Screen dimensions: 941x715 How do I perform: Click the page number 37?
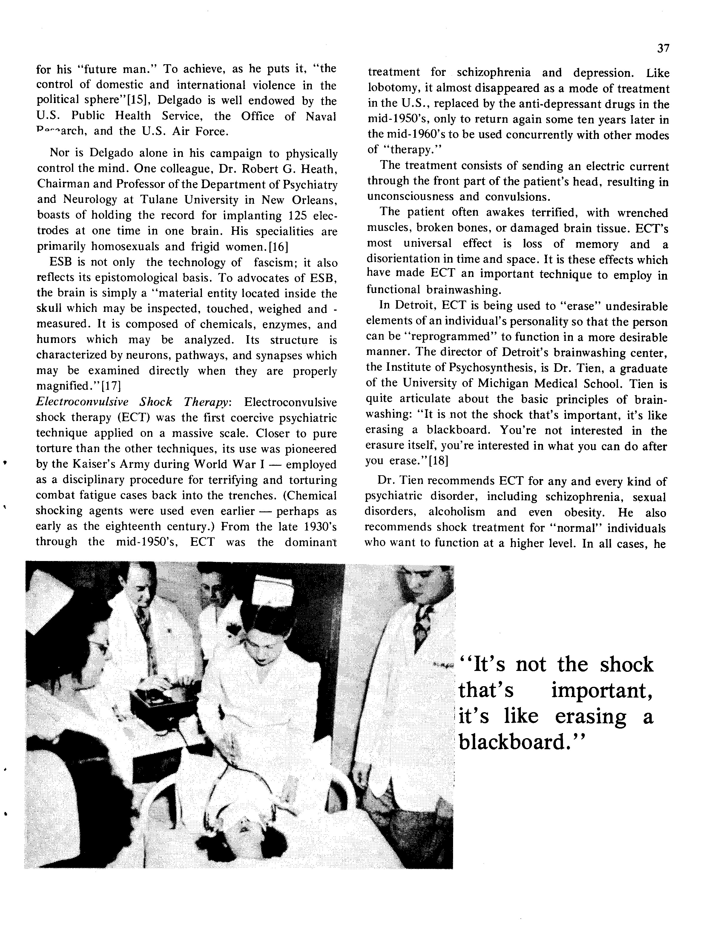click(663, 48)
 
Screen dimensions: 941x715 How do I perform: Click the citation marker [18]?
click(435, 461)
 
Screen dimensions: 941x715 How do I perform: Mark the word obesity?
click(584, 512)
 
